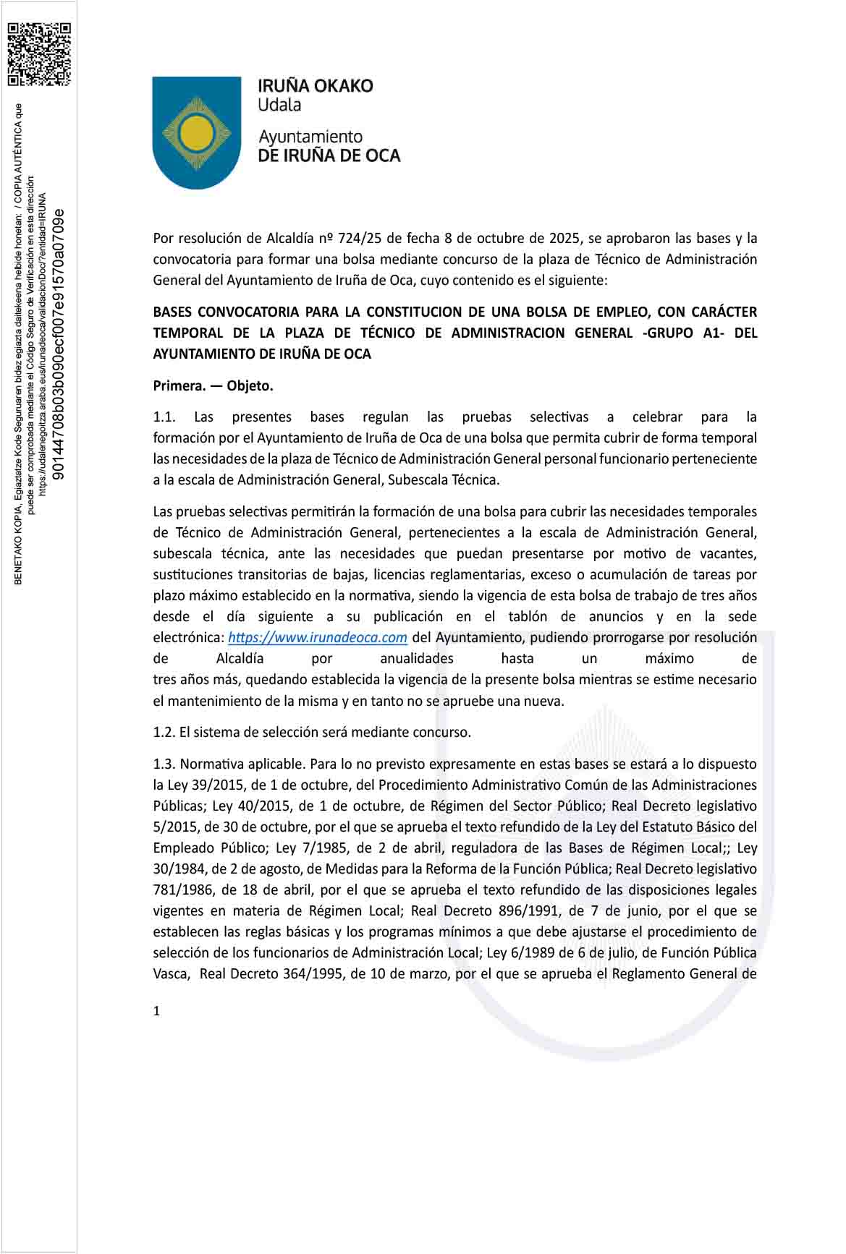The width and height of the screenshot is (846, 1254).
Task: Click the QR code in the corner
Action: (x=39, y=54)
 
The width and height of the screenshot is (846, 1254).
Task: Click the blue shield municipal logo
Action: (x=196, y=132)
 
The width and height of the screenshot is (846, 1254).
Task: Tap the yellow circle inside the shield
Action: (x=196, y=132)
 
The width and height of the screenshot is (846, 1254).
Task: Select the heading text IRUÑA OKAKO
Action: (x=316, y=86)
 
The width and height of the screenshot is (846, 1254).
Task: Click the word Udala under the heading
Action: (x=279, y=105)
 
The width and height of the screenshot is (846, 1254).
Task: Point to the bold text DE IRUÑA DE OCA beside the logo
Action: (x=329, y=155)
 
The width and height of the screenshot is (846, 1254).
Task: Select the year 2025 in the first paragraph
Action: (x=564, y=238)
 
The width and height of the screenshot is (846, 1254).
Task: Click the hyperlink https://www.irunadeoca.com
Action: (x=318, y=638)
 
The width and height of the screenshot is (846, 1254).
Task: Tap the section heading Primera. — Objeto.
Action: (x=213, y=385)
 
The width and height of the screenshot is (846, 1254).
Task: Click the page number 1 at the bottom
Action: (x=156, y=1011)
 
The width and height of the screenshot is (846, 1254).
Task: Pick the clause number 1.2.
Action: (x=164, y=732)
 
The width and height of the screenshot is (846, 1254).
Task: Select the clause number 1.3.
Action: (x=164, y=764)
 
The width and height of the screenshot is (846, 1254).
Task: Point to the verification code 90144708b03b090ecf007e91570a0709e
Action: (x=60, y=344)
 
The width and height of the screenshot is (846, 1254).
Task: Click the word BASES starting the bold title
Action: (x=172, y=312)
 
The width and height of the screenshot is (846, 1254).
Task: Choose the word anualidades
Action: (x=417, y=659)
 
